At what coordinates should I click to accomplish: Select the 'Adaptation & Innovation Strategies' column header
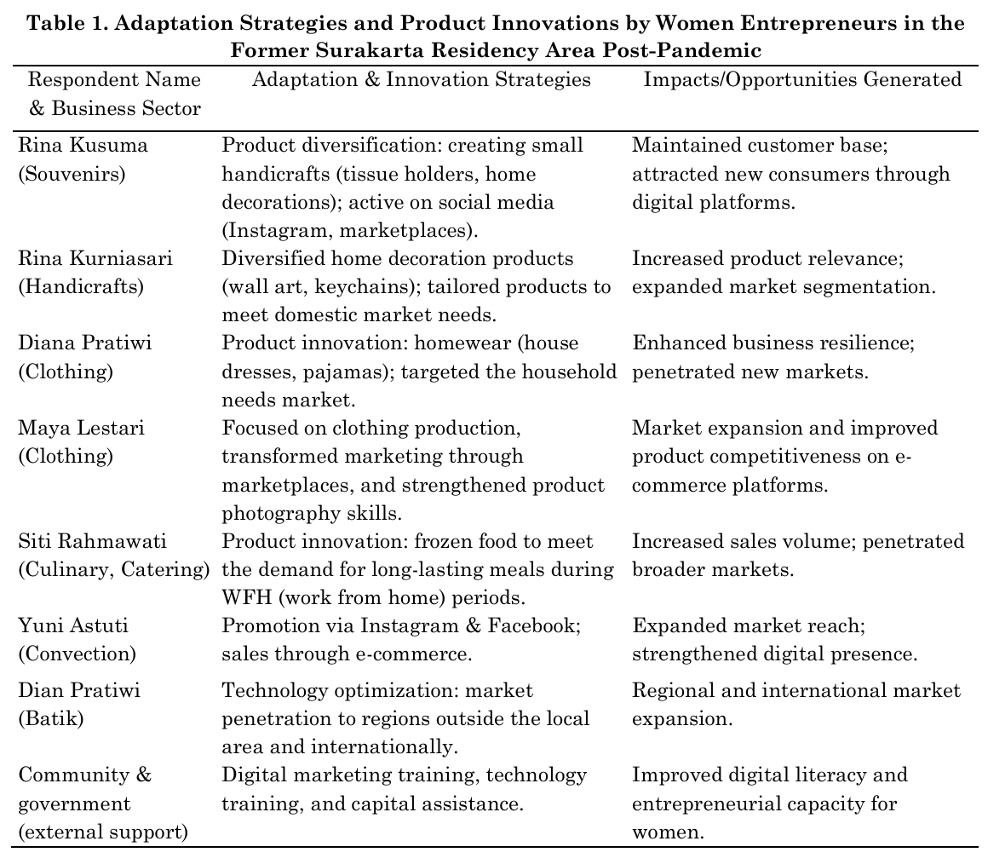(x=421, y=80)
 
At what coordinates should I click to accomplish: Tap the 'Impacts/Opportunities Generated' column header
(x=802, y=80)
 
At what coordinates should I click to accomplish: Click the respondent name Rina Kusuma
(x=83, y=146)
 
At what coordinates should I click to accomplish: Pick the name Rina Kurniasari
(x=95, y=258)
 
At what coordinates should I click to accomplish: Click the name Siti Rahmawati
(x=93, y=541)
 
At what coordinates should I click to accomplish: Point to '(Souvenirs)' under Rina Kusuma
(x=72, y=175)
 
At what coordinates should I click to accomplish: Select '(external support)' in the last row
(x=103, y=832)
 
